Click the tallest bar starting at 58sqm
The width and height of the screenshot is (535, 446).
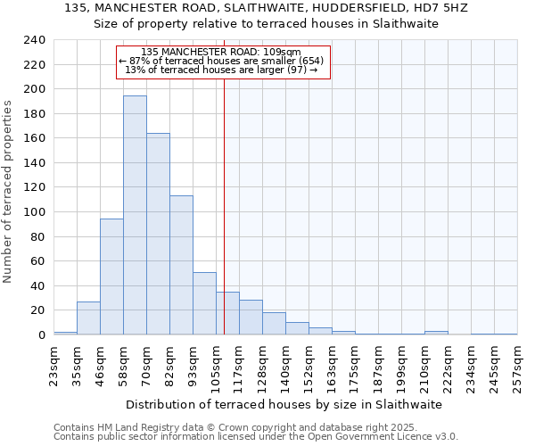tap(135, 215)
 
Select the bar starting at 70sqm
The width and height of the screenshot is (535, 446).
tap(158, 234)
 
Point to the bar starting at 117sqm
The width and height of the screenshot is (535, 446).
tap(251, 318)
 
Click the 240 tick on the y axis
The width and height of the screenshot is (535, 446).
tap(35, 40)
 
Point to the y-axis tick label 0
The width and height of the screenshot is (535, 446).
tap(41, 335)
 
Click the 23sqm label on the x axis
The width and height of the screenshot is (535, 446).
tap(53, 366)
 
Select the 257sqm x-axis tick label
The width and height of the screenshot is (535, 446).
tap(517, 366)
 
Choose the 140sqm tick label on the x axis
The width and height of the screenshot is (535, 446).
tap(285, 366)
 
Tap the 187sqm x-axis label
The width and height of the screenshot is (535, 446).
tap(378, 366)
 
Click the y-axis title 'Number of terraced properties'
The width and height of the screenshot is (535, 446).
tap(8, 192)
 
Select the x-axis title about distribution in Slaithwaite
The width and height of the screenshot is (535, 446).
tap(284, 404)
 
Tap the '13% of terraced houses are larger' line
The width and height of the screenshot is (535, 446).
tap(221, 70)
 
